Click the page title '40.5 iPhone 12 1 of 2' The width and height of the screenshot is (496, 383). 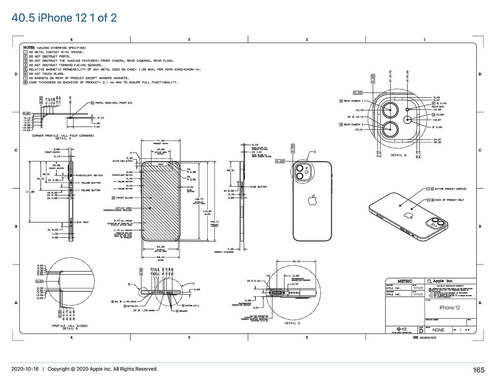click(64, 18)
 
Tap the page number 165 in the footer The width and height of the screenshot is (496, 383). click(479, 370)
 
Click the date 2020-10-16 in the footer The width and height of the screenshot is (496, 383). click(25, 369)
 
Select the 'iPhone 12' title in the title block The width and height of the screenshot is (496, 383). click(449, 307)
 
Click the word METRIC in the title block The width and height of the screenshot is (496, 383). click(405, 281)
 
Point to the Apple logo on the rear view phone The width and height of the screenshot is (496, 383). click(312, 201)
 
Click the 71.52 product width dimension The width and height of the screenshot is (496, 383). click(161, 141)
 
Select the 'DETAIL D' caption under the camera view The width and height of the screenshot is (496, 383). click(398, 155)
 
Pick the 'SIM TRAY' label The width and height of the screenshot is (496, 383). click(83, 222)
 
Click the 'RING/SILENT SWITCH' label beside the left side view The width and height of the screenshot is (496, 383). click(89, 175)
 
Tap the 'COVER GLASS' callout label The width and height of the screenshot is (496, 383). click(124, 198)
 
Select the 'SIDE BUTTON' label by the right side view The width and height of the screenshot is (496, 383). click(258, 187)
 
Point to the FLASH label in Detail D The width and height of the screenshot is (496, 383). click(440, 115)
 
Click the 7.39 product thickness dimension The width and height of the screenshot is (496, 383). click(230, 249)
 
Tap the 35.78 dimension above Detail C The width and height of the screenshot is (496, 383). click(296, 262)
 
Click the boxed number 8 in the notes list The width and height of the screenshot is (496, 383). click(25, 82)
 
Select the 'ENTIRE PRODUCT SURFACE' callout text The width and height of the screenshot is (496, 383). click(450, 189)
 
